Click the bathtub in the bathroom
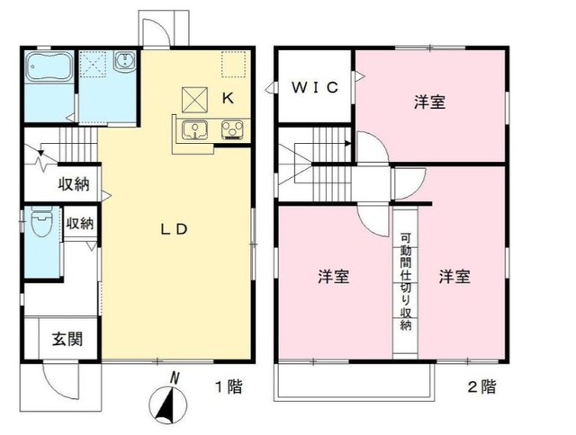[49, 69]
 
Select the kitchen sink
[193, 131]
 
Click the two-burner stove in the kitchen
[230, 131]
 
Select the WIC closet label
[314, 87]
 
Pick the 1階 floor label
[229, 388]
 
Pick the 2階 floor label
[481, 388]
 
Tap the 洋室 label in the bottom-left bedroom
[333, 277]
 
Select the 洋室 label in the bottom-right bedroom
[454, 277]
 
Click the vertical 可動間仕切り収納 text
[404, 282]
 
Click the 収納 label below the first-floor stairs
[74, 185]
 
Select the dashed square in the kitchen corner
[233, 64]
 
